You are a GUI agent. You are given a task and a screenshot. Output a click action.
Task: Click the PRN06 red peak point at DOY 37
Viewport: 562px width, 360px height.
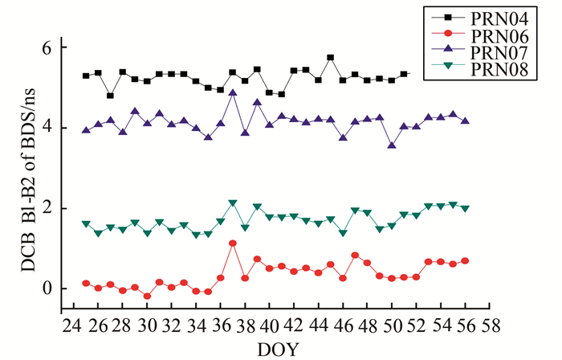click(232, 243)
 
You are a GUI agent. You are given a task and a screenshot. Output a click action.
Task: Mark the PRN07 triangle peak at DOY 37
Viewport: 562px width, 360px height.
click(232, 93)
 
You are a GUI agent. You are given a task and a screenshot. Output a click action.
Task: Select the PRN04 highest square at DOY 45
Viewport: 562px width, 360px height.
click(330, 58)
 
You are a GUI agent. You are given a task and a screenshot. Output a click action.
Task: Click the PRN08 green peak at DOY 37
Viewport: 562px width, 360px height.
click(232, 203)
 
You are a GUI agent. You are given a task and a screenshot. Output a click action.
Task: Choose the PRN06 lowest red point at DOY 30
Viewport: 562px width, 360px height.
click(147, 296)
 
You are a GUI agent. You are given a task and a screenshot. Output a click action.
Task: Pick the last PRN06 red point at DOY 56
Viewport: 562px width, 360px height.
click(465, 261)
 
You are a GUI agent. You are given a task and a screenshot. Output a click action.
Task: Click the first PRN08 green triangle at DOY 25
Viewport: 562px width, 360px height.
click(86, 223)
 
